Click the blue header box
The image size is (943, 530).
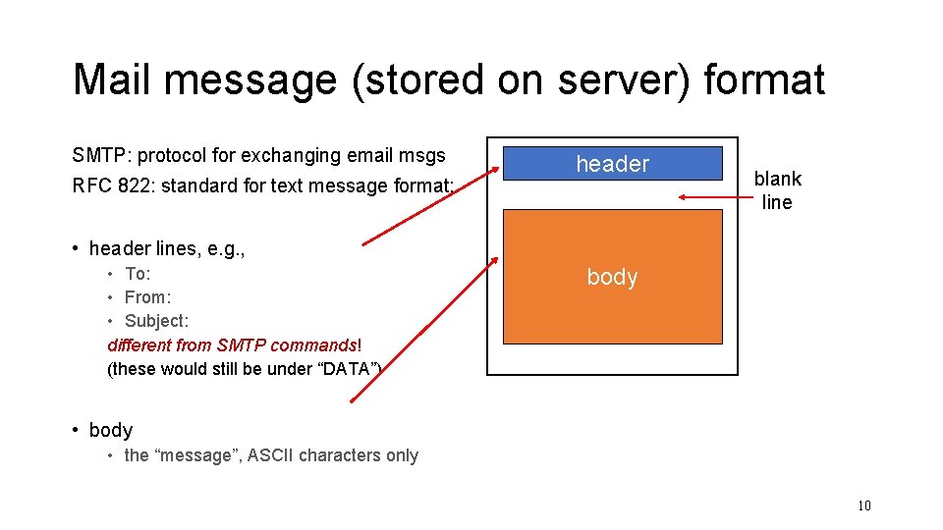point(612,164)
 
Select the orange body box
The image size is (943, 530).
point(612,276)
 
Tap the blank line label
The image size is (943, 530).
point(777,190)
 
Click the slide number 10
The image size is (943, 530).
point(864,505)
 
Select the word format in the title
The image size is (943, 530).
point(764,79)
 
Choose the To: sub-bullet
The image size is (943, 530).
point(138,274)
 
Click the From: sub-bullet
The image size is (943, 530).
point(147,297)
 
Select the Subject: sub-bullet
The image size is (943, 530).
point(156,321)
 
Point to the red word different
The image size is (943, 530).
point(139,345)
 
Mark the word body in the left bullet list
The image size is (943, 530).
point(110,430)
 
